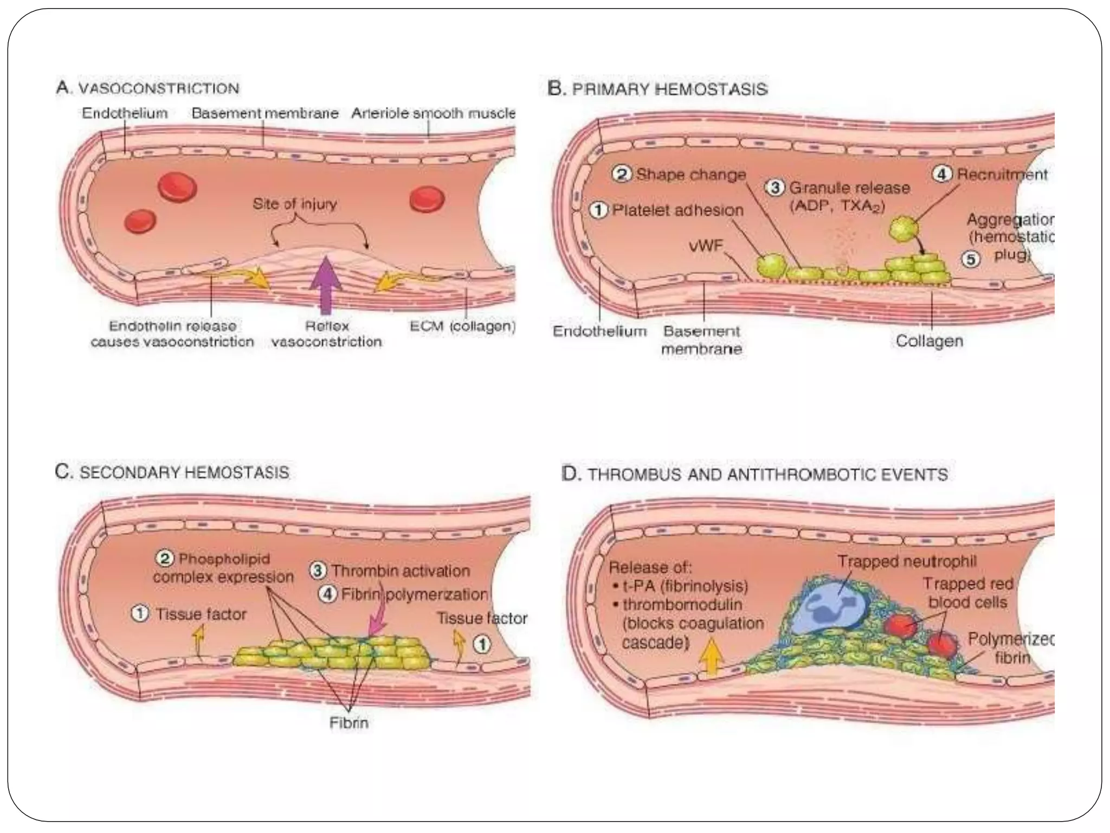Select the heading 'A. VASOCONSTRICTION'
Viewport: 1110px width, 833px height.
[147, 88]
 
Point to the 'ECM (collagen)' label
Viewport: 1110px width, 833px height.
[462, 326]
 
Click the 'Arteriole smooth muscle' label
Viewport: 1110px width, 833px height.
[433, 113]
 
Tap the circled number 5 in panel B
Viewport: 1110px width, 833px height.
[971, 259]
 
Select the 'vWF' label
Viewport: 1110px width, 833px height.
[706, 246]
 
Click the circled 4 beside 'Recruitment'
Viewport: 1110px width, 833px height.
[942, 175]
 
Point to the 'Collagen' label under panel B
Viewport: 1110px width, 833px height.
[929, 341]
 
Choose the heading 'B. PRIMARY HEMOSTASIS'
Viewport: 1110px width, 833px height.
[657, 88]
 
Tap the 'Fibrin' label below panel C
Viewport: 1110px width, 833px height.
[349, 723]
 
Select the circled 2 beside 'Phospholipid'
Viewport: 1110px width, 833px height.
[164, 558]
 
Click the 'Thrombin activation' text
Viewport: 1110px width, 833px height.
[400, 571]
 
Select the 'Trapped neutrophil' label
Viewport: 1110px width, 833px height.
[907, 561]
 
